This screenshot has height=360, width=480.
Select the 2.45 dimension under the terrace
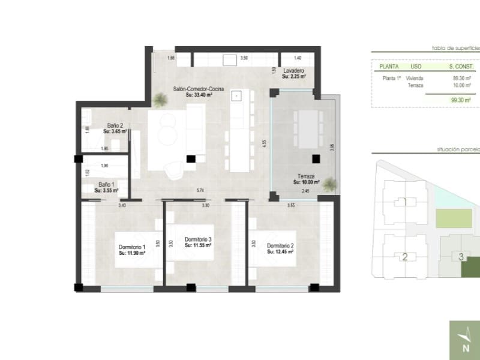(x=305, y=191)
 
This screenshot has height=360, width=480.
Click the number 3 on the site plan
(x=461, y=257)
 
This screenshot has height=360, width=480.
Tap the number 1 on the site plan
(x=405, y=202)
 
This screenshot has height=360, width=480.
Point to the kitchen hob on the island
(x=237, y=95)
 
